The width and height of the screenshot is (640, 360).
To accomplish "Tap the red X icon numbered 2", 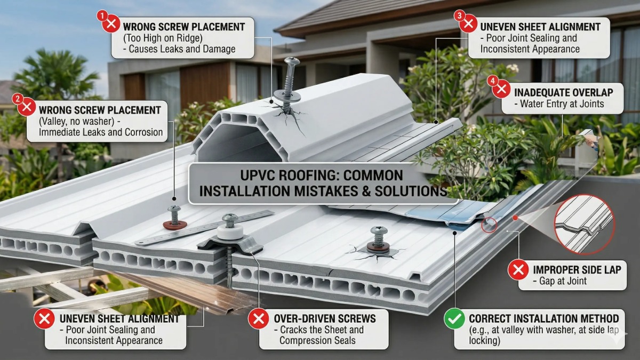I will coord(27,107).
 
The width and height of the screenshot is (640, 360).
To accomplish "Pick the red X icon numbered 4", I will coord(501,89).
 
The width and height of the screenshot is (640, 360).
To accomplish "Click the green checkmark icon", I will coord(454,319).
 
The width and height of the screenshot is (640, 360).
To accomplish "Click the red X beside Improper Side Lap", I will coord(518,270).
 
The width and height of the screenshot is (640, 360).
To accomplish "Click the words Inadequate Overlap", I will coord(564,92).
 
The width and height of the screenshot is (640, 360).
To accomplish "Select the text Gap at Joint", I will coord(562,281).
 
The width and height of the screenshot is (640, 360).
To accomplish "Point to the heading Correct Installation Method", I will coord(543,318).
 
